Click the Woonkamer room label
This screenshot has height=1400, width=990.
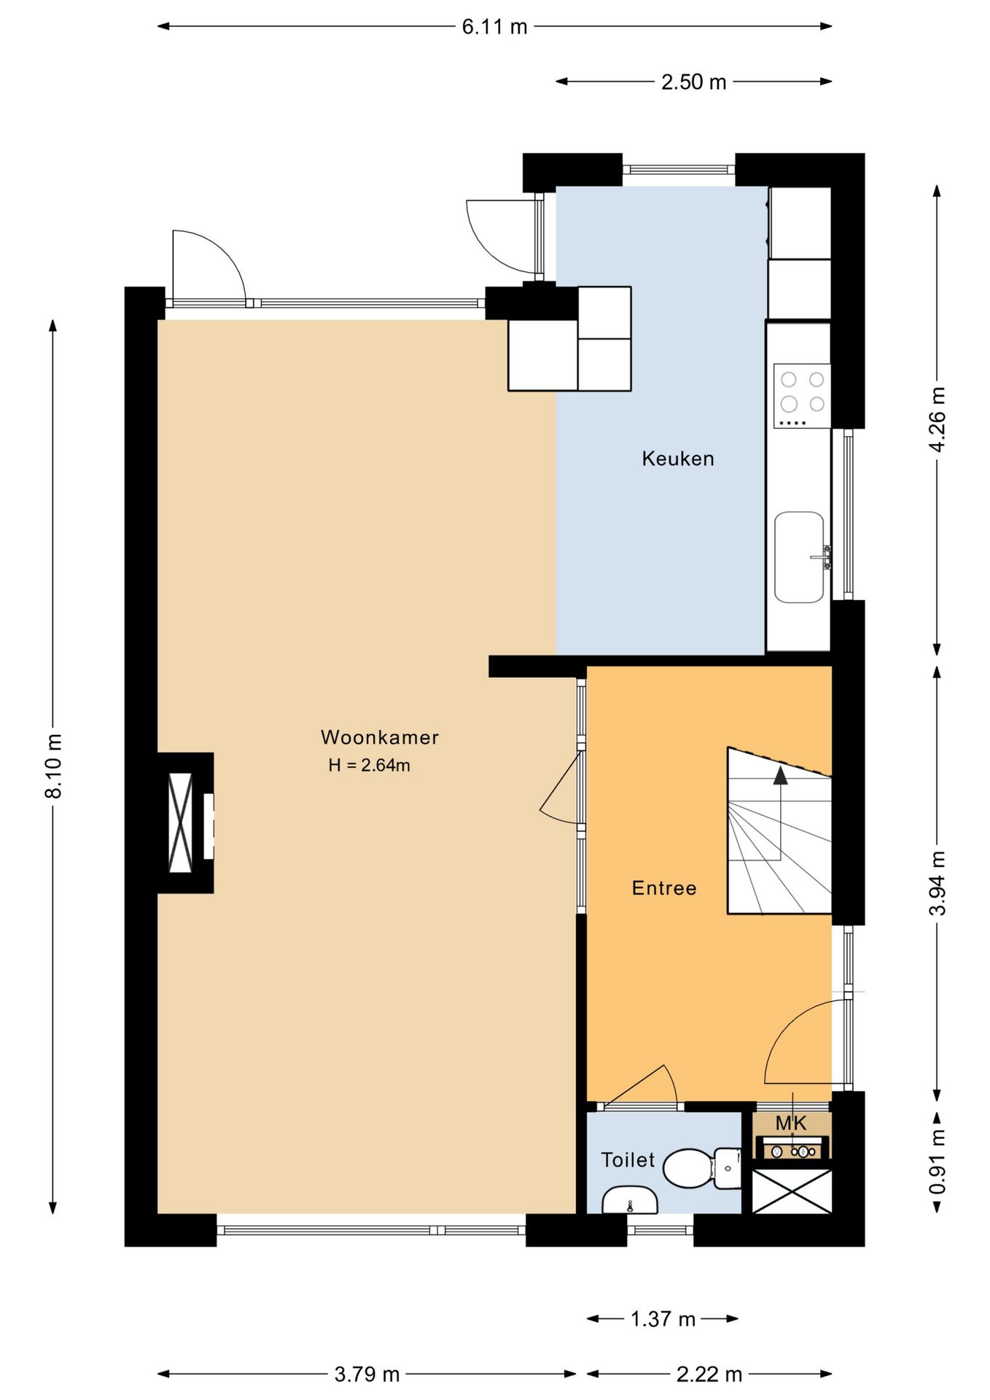point(380,737)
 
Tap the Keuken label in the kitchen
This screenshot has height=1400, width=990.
point(678,459)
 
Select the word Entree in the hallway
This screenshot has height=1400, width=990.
point(664,888)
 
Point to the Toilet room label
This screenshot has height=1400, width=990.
point(628,1159)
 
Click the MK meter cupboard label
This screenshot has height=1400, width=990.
point(791,1123)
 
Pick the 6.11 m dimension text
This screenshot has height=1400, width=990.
point(494,27)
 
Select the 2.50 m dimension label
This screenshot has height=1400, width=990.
point(694,82)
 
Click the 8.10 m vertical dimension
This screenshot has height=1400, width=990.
point(54,766)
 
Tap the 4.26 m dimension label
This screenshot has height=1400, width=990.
point(938,419)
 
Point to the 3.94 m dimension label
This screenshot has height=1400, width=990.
point(938,883)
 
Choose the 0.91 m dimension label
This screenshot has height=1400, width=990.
point(938,1162)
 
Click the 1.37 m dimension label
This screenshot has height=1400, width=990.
point(663,1318)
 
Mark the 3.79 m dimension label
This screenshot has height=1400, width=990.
point(367,1374)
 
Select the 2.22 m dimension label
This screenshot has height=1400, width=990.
point(709,1374)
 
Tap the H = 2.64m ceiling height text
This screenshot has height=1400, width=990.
point(369,765)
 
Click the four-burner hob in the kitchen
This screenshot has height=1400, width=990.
point(802,396)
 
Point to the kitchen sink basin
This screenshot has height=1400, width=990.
point(799,557)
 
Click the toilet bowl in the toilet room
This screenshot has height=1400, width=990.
point(688,1167)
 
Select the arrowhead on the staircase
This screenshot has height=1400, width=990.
point(781,775)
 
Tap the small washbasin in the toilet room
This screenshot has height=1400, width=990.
point(630,1199)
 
